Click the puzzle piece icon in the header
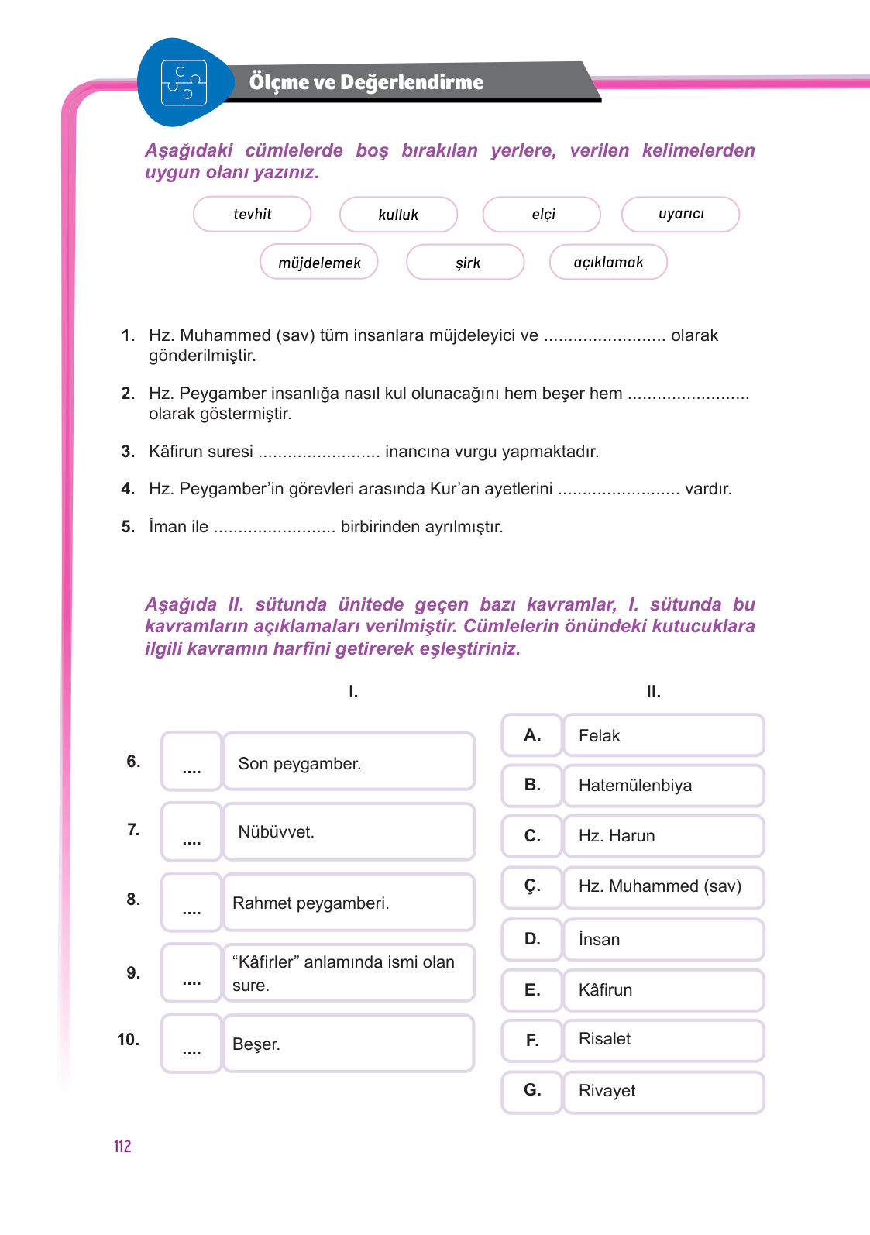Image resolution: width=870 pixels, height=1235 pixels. pos(184,82)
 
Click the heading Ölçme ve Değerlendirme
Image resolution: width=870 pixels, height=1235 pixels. pos(366,82)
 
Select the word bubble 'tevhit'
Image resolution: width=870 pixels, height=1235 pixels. pos(253,215)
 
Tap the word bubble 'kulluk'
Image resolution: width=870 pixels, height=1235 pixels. pos(398,215)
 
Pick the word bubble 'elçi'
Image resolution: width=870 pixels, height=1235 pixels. pos(542,215)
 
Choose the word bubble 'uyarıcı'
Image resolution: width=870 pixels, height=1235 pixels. pos(680,214)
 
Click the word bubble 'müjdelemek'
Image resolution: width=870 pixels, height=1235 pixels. pos(319,263)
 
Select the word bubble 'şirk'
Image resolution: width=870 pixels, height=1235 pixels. pos(466,263)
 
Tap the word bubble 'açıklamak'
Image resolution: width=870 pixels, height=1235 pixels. pos(608,262)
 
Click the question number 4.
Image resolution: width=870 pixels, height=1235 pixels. pos(128,489)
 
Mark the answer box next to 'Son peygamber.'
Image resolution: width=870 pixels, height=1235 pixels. pos(191,762)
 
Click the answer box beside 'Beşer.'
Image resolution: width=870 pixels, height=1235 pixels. pos(191,1044)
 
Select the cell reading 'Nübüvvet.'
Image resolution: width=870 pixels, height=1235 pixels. pos(349,832)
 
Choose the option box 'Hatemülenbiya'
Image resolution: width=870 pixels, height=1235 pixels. pos(663,786)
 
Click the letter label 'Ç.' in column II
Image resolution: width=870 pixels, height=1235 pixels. pos(531,886)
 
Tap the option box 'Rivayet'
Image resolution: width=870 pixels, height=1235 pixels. pos(663,1091)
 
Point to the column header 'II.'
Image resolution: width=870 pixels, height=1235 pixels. pos(653,692)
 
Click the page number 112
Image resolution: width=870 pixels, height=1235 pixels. pos(122,1147)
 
